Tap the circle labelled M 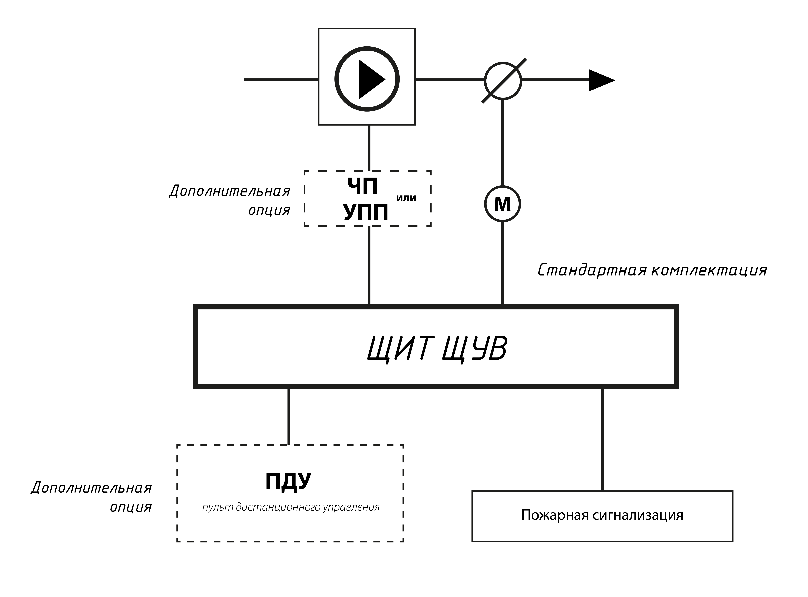click(x=502, y=204)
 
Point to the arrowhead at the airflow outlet click(x=601, y=80)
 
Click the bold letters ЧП click(x=362, y=186)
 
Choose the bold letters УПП click(x=366, y=212)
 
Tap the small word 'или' click(x=406, y=198)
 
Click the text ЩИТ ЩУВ click(x=437, y=349)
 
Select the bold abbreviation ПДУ click(x=288, y=481)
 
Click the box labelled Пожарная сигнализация click(x=602, y=516)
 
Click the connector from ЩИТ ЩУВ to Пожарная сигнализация click(x=602, y=439)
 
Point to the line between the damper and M click(x=503, y=143)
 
